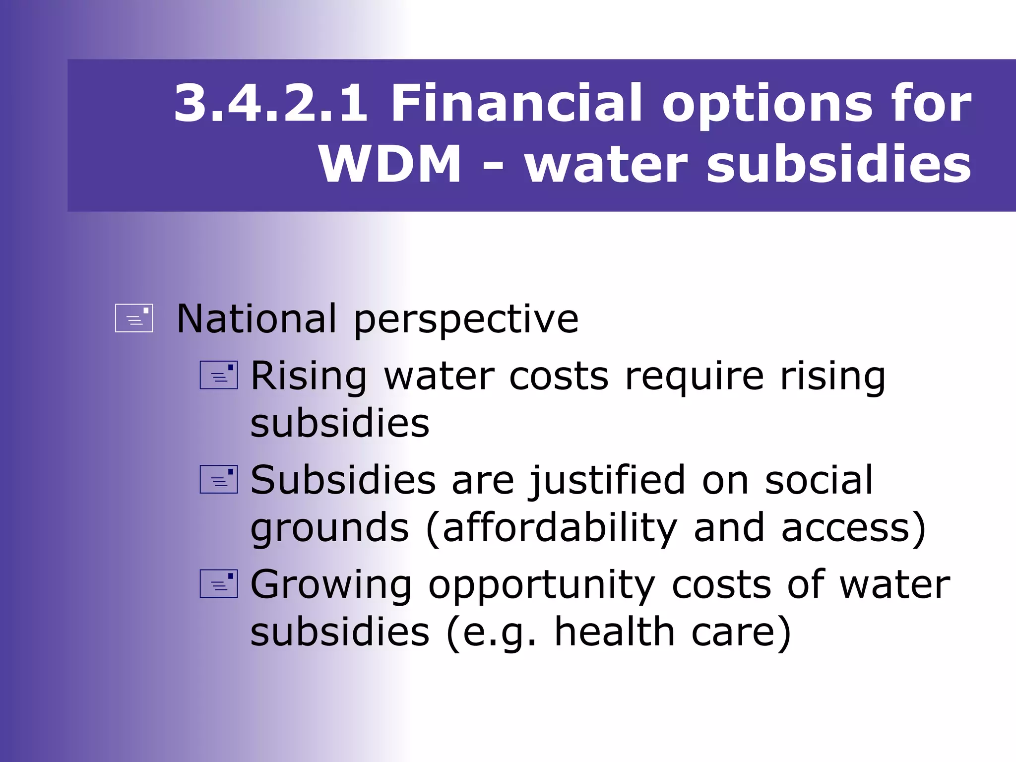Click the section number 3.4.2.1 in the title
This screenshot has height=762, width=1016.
coord(271,103)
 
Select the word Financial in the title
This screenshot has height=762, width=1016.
coord(516,103)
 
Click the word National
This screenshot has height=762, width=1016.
coord(256,318)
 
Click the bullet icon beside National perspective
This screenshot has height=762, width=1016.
coord(134,318)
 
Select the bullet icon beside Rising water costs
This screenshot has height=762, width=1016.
coord(218,375)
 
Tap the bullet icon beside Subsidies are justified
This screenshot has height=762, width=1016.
coord(218,479)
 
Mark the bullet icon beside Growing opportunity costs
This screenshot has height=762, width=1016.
coord(218,583)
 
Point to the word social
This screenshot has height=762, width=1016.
coord(819,480)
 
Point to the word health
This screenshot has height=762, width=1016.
coord(614,632)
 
